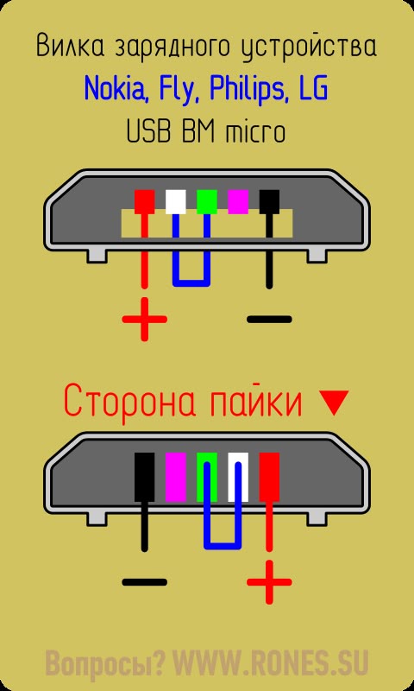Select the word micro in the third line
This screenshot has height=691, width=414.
click(254, 132)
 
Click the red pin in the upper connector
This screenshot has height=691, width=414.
click(144, 202)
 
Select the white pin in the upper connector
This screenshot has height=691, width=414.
click(176, 202)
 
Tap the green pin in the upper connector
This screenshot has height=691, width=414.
click(207, 202)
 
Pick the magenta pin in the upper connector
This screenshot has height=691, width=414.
click(238, 200)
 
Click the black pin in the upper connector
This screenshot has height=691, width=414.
click(269, 202)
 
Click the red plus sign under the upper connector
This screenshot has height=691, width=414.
click(144, 319)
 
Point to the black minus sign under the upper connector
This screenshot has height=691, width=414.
click(269, 319)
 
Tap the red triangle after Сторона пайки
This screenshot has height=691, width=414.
click(333, 403)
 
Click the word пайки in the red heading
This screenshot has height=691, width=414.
click(254, 402)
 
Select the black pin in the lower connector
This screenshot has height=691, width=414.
click(144, 478)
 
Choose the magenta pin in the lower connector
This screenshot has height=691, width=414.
click(176, 478)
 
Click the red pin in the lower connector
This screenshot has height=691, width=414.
click(269, 478)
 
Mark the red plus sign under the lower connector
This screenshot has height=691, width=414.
click(269, 581)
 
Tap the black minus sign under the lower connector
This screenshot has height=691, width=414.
click(144, 581)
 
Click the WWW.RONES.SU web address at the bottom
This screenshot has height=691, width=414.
click(269, 662)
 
